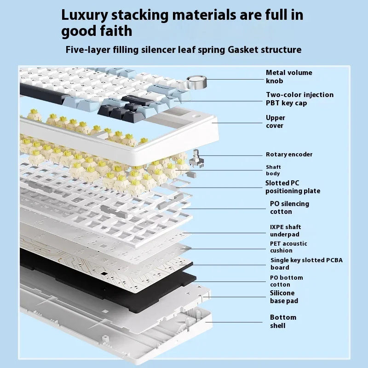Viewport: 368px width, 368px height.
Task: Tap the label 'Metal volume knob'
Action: (x=289, y=76)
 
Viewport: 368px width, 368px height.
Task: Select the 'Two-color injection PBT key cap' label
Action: (x=299, y=98)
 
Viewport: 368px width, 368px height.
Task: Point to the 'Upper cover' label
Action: (x=275, y=121)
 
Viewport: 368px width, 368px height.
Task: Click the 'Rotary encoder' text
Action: (x=289, y=155)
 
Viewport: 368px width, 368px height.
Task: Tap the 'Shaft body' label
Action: (x=273, y=170)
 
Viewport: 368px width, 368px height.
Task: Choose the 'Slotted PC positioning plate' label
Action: (x=293, y=187)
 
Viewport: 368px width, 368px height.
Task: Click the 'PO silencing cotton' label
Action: (x=289, y=207)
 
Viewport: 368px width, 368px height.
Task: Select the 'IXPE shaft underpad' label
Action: (x=285, y=230)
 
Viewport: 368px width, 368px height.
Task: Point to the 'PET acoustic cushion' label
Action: (x=288, y=247)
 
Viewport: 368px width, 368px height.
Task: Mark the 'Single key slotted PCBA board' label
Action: (x=306, y=264)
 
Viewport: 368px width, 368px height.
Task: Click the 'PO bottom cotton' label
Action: (x=286, y=281)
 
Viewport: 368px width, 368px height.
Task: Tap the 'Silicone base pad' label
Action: (x=284, y=297)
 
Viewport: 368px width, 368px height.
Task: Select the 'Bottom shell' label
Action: (x=283, y=321)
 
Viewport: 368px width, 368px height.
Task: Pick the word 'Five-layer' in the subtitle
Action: (x=88, y=49)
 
